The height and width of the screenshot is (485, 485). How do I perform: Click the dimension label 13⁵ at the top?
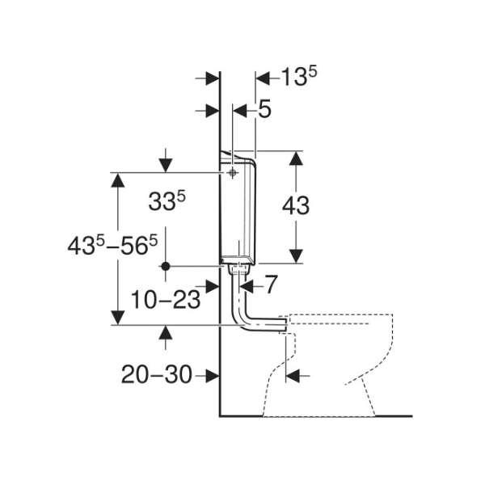point(299,77)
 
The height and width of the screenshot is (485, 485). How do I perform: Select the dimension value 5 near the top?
point(264,109)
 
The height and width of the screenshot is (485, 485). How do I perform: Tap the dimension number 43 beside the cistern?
point(296,206)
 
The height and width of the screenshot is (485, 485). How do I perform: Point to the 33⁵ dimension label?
point(167,201)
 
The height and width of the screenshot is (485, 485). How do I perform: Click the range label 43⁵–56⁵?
point(112,246)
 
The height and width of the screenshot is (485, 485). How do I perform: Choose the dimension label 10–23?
point(166,299)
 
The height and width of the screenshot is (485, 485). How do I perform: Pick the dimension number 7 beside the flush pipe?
point(270,285)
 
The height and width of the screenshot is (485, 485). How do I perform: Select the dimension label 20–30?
point(157,375)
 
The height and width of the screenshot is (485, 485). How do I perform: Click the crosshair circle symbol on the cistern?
point(232,173)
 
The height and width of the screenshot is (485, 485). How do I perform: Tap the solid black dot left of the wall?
point(166,266)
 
